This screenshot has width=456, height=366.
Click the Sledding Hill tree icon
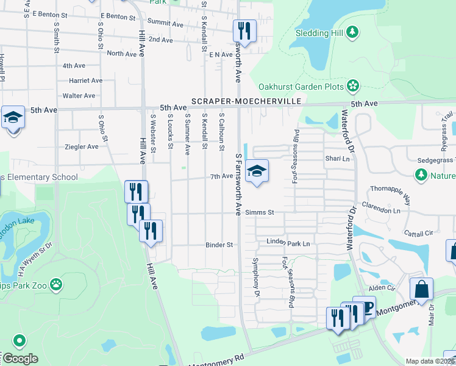coord(352,32)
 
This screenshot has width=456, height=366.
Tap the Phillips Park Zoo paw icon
coord(56,284)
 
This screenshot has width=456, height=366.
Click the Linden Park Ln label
coord(288,243)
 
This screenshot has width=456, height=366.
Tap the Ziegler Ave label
coord(81,147)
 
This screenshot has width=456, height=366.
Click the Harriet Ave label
coord(85,81)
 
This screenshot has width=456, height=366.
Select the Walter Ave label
coord(79,96)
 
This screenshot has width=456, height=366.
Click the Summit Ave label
coord(169,24)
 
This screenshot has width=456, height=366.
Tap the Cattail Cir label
coord(418,233)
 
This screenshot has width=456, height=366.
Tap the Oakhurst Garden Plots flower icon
coord(353,87)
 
